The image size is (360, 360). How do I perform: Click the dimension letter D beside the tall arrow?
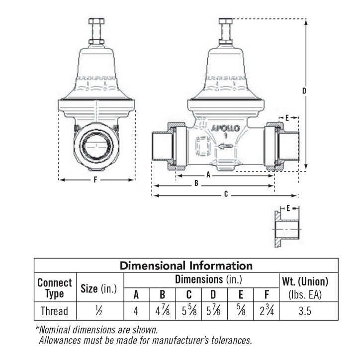[x=304, y=91]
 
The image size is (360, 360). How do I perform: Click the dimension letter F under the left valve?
[x=95, y=180]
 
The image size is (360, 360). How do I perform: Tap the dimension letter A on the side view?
[x=209, y=176]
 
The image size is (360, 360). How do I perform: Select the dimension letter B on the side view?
[x=197, y=183]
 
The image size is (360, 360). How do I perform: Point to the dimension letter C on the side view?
[x=226, y=195]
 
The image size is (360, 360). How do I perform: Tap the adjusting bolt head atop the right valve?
[x=225, y=22]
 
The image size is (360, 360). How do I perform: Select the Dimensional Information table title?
[x=186, y=266]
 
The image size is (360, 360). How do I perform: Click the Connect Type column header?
[x=55, y=288]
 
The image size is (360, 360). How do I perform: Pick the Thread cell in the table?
[x=55, y=312]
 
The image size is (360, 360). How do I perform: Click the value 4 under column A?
[x=136, y=312]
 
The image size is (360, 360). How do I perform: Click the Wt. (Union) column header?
[x=305, y=281]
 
